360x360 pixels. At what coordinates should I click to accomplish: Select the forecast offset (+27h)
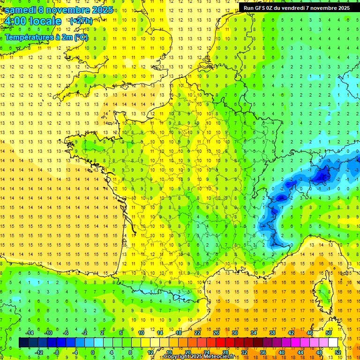click(81, 21)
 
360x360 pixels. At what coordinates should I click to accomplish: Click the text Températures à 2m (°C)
click(46, 37)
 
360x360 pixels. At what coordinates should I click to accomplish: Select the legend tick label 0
click(93, 352)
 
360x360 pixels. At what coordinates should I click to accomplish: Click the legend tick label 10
click(141, 333)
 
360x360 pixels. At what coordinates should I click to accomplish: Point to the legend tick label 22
click(197, 333)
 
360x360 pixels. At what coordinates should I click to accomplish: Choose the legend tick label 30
click(234, 333)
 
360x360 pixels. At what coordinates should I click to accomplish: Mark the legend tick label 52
click(337, 352)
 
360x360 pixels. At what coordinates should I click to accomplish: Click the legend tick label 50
click(329, 333)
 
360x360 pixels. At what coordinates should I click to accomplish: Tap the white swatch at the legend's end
click(333, 343)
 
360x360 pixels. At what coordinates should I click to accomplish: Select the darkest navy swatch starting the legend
click(23, 343)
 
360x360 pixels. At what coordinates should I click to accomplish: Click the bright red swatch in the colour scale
click(220, 343)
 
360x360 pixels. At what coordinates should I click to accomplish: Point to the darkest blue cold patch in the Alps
click(322, 176)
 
